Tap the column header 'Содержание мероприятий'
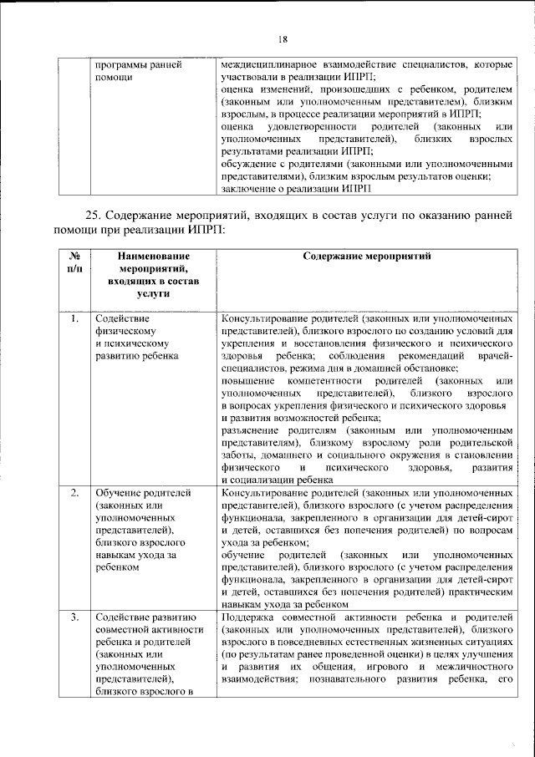(366, 257)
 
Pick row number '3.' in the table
(74, 617)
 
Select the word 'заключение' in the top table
(249, 189)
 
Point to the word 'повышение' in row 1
(248, 381)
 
